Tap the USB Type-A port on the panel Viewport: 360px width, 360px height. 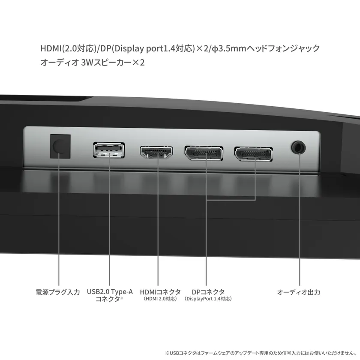109,150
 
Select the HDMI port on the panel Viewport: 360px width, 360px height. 156,153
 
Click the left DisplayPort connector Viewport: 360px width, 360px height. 204,153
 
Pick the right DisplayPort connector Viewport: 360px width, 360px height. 253,153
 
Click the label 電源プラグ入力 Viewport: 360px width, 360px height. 57,292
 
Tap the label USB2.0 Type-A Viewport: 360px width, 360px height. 110,292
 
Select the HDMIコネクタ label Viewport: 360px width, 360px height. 160,292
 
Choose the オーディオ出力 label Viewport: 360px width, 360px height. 299,292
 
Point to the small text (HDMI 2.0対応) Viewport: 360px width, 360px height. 160,299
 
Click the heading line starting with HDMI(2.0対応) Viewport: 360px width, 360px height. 180,48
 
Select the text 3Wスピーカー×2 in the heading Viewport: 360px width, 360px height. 113,63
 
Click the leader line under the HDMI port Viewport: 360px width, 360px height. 158,223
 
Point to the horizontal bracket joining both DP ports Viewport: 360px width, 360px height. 231,200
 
